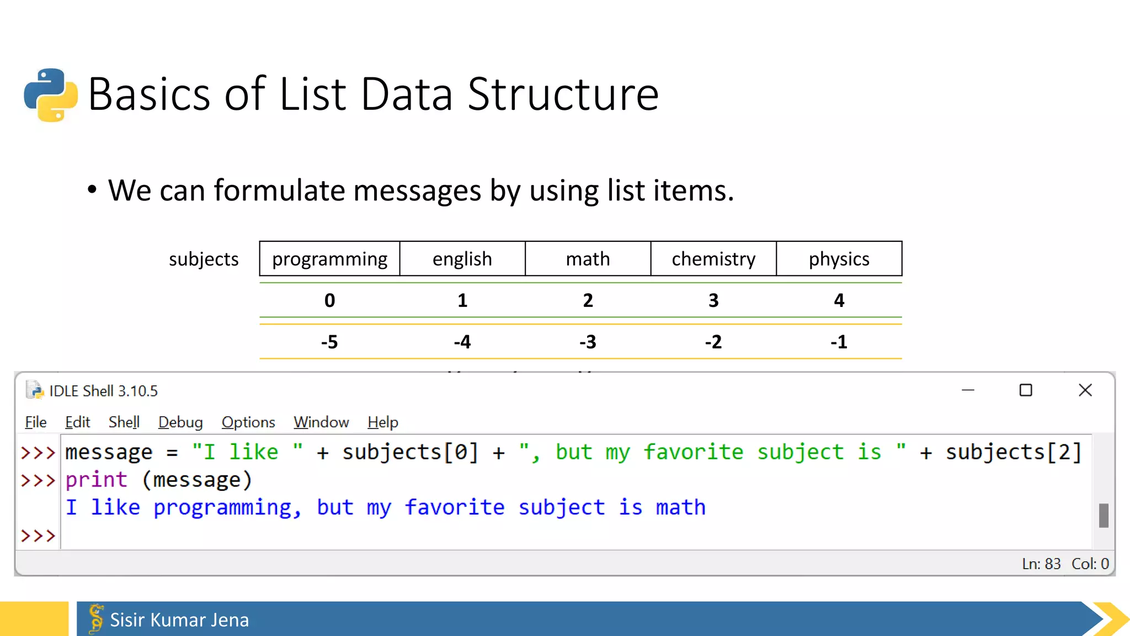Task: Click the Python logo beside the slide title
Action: [51, 94]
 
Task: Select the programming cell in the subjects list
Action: [329, 259]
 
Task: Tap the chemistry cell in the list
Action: [713, 259]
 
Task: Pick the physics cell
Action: [839, 259]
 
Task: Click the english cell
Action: [462, 259]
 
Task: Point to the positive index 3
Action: [713, 300]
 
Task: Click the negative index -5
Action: [329, 342]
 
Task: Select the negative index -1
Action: [839, 342]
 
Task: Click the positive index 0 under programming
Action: [329, 300]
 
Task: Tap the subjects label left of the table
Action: [204, 259]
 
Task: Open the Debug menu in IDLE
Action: [180, 422]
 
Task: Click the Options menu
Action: [248, 422]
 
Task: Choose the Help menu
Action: [382, 422]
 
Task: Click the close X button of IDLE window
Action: [1085, 390]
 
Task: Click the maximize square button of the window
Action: [1026, 390]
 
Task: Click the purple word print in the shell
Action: [97, 480]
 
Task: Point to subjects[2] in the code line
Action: [1013, 452]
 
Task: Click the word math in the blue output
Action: [680, 507]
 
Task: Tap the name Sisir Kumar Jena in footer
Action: [179, 620]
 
